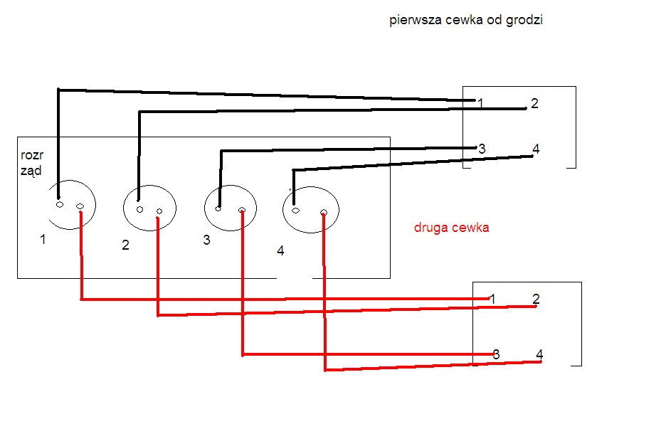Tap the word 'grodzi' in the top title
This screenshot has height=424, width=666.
point(524,21)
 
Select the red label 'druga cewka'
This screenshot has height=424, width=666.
point(452,227)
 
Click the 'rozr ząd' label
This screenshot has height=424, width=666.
point(32,163)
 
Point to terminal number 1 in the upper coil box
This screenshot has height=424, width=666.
point(480,103)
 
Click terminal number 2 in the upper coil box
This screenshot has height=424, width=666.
point(535,103)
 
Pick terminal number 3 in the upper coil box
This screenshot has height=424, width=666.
point(482,149)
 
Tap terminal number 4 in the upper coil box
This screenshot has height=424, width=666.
point(536,149)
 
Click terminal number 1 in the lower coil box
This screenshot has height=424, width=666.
point(492,299)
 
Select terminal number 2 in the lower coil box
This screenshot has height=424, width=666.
point(536,299)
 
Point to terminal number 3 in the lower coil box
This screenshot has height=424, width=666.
point(496,354)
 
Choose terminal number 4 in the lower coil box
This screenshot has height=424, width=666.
point(539,354)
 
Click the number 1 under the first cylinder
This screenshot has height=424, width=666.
point(43,240)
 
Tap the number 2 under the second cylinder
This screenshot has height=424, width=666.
point(125,245)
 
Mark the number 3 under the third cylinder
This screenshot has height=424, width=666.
point(206,240)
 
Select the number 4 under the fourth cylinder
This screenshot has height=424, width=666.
point(280,250)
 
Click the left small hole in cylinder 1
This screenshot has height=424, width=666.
point(60,205)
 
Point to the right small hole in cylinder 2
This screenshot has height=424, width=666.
point(159,211)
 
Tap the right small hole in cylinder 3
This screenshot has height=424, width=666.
point(242,210)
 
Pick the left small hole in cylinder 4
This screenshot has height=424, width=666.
point(295,211)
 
